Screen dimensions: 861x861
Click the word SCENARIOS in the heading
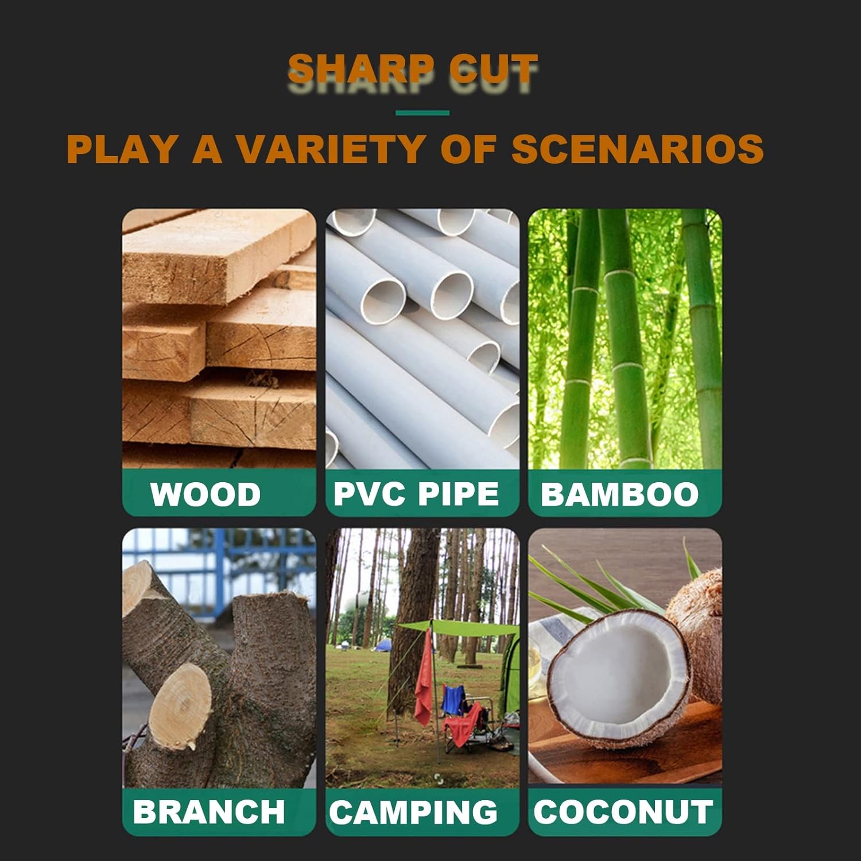[x=638, y=149]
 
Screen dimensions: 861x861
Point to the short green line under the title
[x=422, y=113]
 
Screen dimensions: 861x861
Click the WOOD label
[x=205, y=494]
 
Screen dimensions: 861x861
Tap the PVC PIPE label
[x=416, y=494]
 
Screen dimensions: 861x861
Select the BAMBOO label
[x=619, y=494]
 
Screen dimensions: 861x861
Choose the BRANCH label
[x=209, y=812]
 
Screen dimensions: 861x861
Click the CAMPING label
[x=413, y=812]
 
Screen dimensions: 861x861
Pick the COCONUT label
[x=623, y=812]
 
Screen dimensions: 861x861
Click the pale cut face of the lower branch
[x=180, y=707]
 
